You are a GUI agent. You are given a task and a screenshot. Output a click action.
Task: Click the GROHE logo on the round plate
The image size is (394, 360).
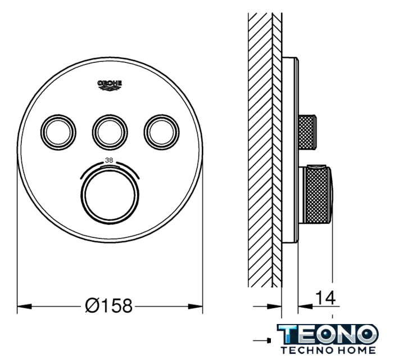(x=110, y=85)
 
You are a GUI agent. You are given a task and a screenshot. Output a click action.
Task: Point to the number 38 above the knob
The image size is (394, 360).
(x=109, y=160)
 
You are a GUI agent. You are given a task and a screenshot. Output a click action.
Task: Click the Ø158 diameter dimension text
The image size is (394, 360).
(x=108, y=306)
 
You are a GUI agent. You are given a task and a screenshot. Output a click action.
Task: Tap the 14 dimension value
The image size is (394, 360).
(x=325, y=298)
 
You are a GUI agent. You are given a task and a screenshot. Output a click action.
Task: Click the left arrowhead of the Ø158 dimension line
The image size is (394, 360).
(x=24, y=307)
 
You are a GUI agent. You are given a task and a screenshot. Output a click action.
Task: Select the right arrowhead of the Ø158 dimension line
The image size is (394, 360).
(x=195, y=307)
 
